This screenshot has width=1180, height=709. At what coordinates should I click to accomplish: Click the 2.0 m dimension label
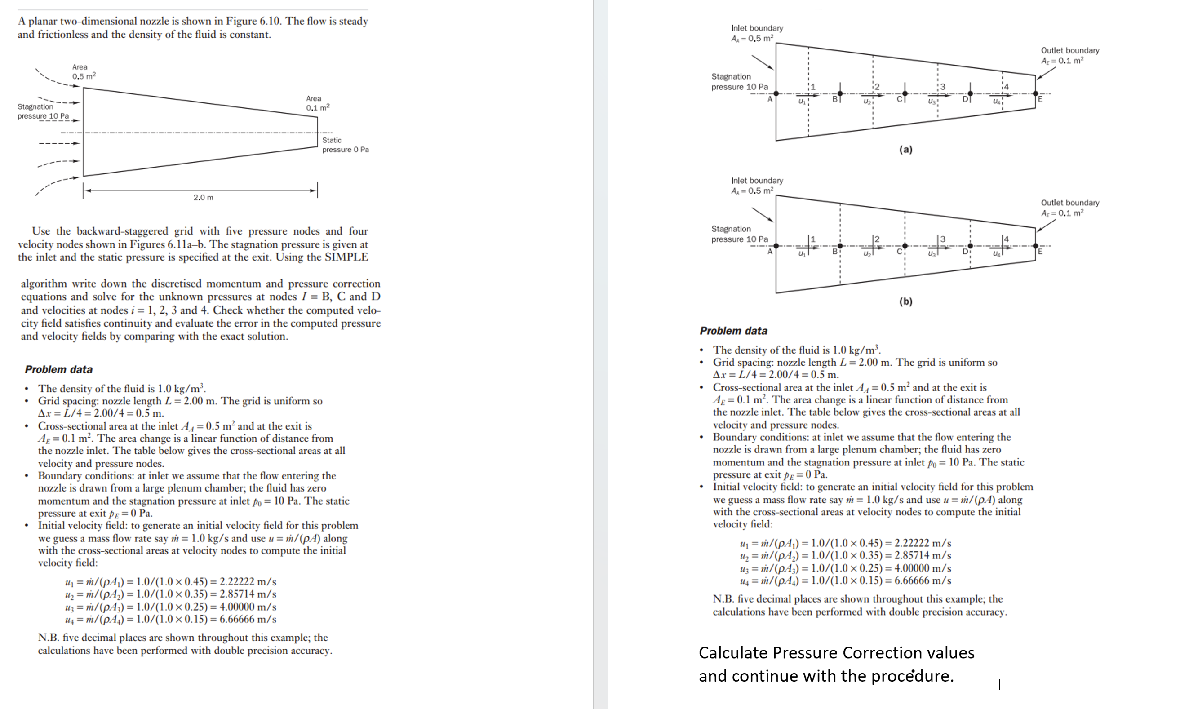(x=203, y=197)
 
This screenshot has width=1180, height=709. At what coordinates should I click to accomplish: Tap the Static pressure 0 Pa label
(x=345, y=145)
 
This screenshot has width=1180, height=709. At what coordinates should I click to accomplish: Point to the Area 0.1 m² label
(x=318, y=103)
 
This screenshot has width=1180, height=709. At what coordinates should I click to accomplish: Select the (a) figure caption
(x=905, y=150)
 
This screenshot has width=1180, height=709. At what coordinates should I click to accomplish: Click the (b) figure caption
(x=905, y=301)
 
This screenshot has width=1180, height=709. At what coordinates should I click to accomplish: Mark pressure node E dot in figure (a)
(x=1035, y=93)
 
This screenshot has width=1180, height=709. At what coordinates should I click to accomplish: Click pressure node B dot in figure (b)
(x=840, y=246)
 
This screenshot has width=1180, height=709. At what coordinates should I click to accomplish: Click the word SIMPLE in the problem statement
(x=346, y=257)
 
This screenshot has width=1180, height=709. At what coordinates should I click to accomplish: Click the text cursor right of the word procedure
(x=999, y=684)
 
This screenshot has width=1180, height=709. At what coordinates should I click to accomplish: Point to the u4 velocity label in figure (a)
(x=997, y=101)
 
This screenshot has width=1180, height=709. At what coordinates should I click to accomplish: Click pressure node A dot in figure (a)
(x=776, y=93)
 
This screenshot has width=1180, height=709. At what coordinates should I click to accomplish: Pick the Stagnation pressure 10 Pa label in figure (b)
(x=740, y=234)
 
